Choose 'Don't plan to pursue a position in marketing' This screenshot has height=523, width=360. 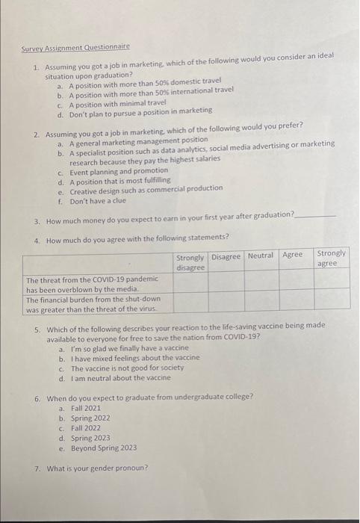click(140, 111)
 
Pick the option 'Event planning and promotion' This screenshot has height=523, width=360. click(119, 170)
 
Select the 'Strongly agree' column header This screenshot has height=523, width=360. click(332, 259)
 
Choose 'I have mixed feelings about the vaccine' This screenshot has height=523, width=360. click(134, 358)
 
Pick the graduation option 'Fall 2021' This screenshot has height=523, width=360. click(85, 408)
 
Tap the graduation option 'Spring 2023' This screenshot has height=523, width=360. click(90, 438)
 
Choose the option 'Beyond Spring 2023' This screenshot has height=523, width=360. click(104, 448)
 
